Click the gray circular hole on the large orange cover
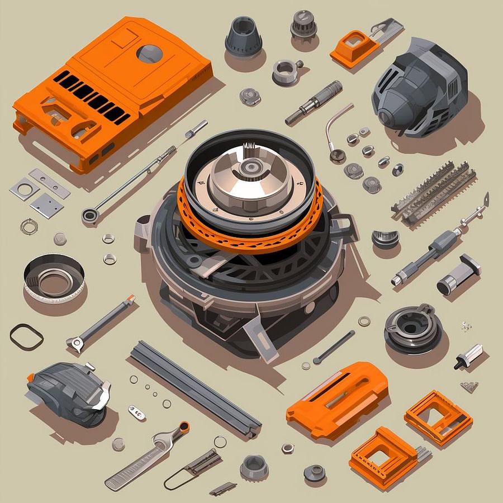click(150, 54)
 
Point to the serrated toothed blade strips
click(434, 193)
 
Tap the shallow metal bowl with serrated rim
click(54, 278)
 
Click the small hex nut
click(288, 448)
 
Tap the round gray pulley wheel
click(413, 330)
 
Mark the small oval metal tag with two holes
click(136, 412)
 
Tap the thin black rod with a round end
click(334, 347)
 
